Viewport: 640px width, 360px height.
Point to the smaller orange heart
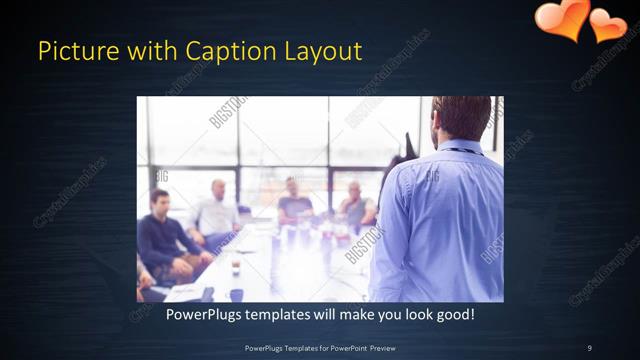[609, 25]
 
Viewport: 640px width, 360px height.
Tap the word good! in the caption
[455, 315]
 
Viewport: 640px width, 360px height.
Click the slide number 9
[589, 347]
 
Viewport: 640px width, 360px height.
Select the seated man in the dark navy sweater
[164, 240]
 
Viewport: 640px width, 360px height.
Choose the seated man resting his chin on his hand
[355, 205]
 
